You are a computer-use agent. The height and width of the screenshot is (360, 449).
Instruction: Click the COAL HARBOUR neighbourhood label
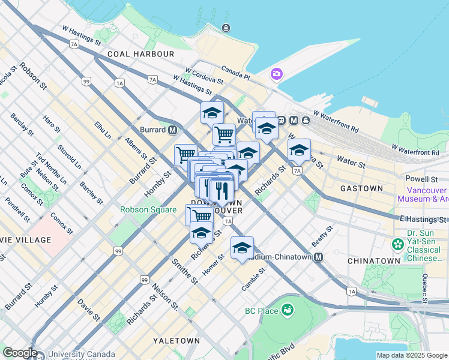(140, 54)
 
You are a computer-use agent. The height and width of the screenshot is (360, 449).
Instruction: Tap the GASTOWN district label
(361, 188)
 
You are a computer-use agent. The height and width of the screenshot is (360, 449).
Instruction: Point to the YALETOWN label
(176, 340)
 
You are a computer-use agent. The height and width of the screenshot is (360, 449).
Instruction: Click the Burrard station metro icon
(173, 130)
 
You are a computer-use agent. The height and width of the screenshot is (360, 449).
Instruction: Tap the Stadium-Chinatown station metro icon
(318, 257)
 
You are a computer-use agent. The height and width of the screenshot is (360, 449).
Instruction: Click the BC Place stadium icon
(288, 310)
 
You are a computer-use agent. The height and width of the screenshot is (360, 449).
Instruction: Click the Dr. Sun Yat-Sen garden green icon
(397, 244)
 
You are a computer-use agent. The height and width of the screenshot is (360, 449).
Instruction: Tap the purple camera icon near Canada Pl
(277, 74)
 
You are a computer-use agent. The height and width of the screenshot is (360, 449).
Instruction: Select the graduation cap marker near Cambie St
(242, 247)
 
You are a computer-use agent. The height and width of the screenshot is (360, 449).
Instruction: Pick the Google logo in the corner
(20, 353)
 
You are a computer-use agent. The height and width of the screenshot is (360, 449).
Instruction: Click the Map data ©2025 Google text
(412, 355)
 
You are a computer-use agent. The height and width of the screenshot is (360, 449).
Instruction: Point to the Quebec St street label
(425, 287)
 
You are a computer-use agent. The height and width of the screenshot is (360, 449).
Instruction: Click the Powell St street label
(420, 179)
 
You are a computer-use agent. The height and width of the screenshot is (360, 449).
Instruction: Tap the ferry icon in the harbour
(226, 28)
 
